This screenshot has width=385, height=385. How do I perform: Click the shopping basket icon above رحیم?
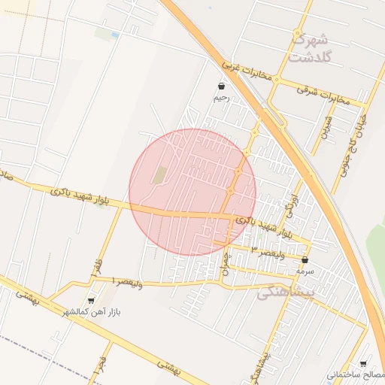[220, 86]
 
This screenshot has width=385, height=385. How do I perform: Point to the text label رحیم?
[220, 98]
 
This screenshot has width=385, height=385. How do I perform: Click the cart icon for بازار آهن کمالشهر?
[92, 299]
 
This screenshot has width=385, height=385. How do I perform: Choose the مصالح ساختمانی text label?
[355, 374]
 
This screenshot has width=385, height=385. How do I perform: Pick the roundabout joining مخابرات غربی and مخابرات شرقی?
[277, 79]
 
